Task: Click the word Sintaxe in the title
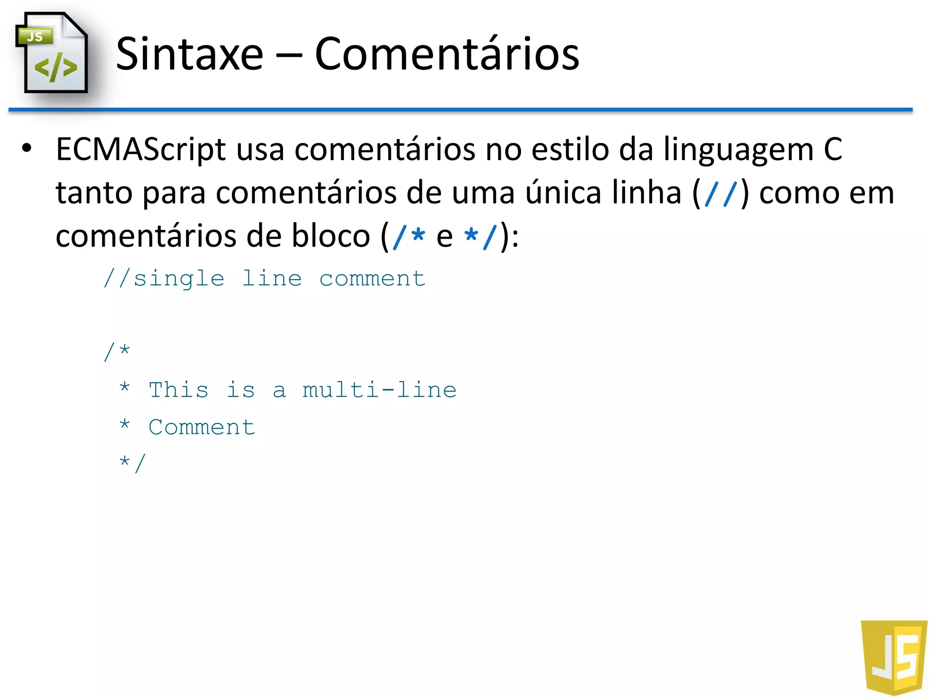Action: pos(190,54)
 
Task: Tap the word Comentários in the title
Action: pos(447,54)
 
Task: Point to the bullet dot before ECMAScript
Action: pos(27,148)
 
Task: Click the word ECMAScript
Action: pos(141,150)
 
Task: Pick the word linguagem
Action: pos(739,150)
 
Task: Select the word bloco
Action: pos(331,236)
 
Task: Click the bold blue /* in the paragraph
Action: pos(409,236)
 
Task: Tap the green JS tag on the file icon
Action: pos(35,36)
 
